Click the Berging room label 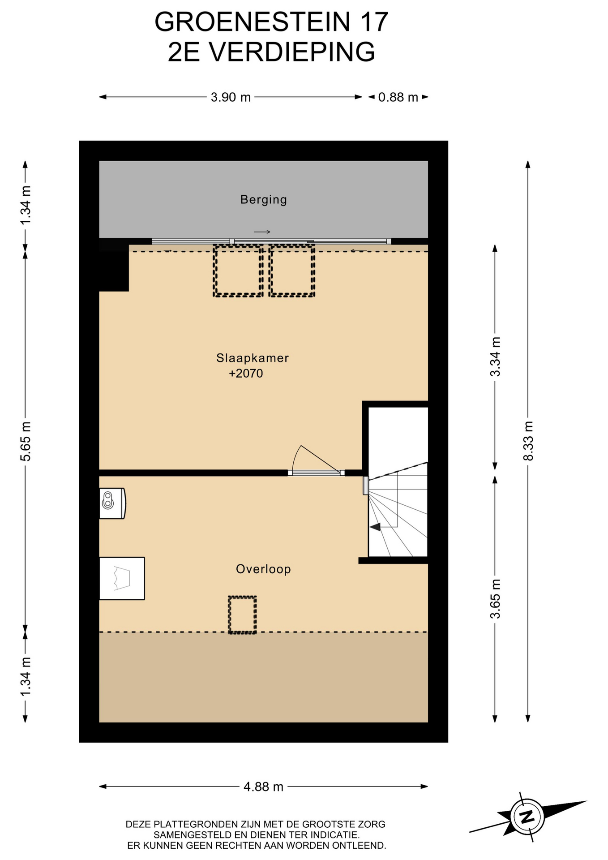pyautogui.click(x=263, y=200)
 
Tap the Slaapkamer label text pyautogui.click(x=253, y=358)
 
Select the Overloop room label pyautogui.click(x=263, y=569)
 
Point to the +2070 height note pyautogui.click(x=246, y=374)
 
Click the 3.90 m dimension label pyautogui.click(x=231, y=97)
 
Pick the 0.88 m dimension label pyautogui.click(x=398, y=97)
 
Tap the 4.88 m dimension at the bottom pyautogui.click(x=263, y=787)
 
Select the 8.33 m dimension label pyautogui.click(x=528, y=441)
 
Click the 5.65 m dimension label pyautogui.click(x=26, y=441)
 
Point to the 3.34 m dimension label pyautogui.click(x=495, y=357)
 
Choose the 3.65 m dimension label pyautogui.click(x=495, y=599)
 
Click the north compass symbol pyautogui.click(x=528, y=816)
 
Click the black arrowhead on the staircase pyautogui.click(x=375, y=527)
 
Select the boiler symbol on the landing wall pyautogui.click(x=112, y=503)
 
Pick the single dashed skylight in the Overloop pyautogui.click(x=242, y=615)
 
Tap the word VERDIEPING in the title pyautogui.click(x=292, y=52)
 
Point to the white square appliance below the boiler pyautogui.click(x=122, y=578)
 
